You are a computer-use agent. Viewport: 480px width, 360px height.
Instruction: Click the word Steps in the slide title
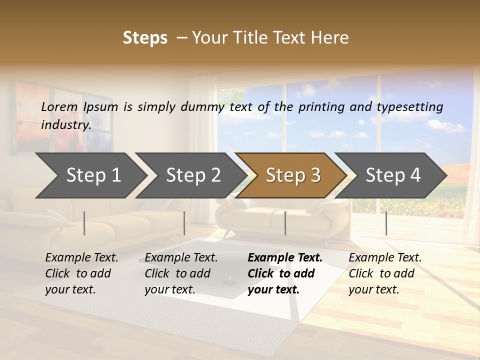coord(145,38)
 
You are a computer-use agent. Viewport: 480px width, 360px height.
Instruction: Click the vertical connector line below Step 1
coord(84,223)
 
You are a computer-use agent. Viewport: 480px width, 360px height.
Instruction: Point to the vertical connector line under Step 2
coord(184,223)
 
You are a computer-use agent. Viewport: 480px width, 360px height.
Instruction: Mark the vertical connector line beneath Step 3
coord(285,223)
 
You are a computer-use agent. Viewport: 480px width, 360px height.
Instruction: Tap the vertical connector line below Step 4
coord(386,223)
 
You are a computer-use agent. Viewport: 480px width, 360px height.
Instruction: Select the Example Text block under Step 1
coord(81,273)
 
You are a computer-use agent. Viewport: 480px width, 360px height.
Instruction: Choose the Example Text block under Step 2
coord(181,273)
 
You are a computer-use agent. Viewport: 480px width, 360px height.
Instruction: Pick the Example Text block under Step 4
coord(384,273)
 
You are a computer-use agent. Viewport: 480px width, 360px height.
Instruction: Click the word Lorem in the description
coord(59,107)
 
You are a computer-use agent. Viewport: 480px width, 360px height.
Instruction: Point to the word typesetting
coord(410,107)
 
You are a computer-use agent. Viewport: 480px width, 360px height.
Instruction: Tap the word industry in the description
coord(65,124)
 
